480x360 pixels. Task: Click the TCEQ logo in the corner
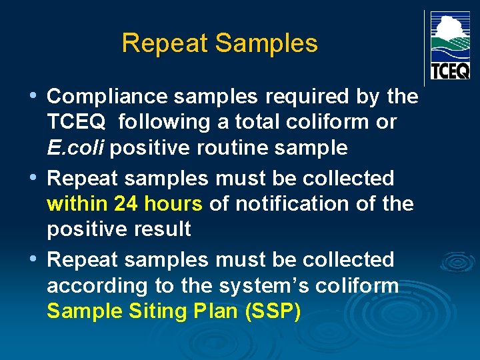coord(450,45)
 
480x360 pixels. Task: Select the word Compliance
coord(107,97)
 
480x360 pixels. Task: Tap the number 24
coord(127,204)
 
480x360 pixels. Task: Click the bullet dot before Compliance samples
coord(34,97)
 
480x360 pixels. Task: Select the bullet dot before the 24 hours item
coord(34,179)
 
